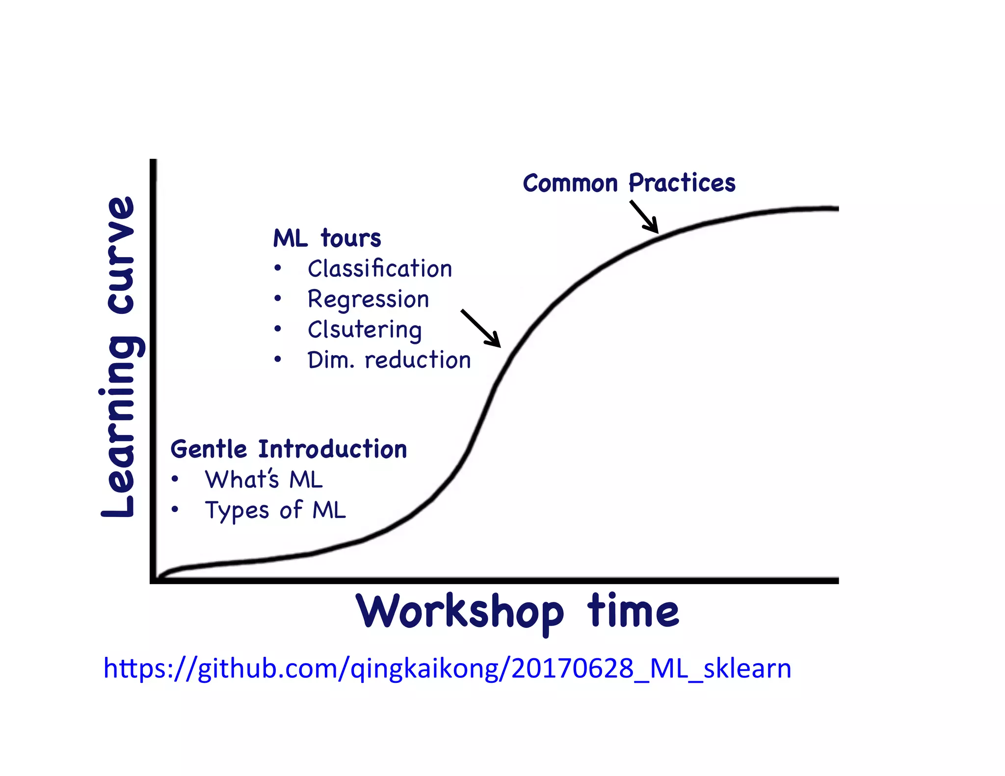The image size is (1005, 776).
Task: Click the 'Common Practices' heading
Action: [x=629, y=183]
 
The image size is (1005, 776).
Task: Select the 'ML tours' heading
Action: [x=327, y=238]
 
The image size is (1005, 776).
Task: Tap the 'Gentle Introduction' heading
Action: [x=289, y=449]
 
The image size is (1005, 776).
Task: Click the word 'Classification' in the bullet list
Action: [x=379, y=269]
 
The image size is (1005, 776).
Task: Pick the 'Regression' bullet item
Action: [x=368, y=299]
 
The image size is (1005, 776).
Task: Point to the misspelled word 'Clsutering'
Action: [x=364, y=330]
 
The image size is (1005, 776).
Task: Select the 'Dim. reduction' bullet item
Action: [x=389, y=360]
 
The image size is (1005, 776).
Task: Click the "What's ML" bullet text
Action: [x=264, y=480]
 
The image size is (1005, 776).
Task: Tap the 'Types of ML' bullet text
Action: [x=275, y=510]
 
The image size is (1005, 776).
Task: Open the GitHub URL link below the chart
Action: [x=447, y=668]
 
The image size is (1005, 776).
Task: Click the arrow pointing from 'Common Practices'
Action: [x=644, y=217]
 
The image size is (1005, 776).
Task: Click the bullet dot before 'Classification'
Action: [x=278, y=268]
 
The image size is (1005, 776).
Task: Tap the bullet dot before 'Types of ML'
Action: [x=175, y=510]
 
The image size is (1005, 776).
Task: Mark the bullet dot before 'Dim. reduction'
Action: [x=278, y=360]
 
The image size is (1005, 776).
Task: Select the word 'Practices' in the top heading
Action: [x=682, y=183]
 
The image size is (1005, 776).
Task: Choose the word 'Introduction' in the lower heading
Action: [x=333, y=449]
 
